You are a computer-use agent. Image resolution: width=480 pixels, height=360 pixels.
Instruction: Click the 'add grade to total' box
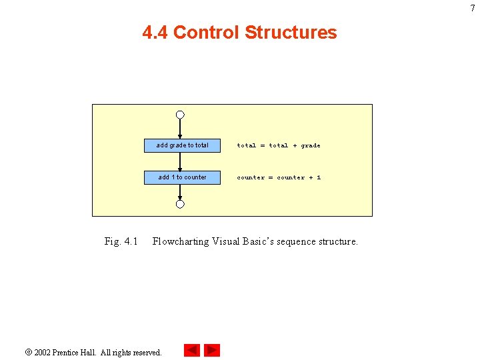point(182,145)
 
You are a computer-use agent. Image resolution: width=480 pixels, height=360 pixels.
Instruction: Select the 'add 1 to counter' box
point(182,177)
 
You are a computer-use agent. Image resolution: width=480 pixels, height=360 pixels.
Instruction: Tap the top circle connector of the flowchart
point(180,115)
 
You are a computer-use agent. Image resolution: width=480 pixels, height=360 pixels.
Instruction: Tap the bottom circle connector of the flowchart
point(180,205)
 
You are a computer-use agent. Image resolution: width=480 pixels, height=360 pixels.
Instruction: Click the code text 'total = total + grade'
point(279,145)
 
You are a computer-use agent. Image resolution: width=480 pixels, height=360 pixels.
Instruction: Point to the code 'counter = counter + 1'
point(279,177)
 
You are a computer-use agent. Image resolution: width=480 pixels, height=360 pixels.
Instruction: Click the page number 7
point(473,8)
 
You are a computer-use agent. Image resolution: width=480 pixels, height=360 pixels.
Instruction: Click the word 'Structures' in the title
point(291,33)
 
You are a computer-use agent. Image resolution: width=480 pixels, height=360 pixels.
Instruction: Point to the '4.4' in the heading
point(155,33)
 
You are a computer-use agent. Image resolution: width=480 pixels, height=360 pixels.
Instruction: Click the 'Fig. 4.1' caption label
point(121,241)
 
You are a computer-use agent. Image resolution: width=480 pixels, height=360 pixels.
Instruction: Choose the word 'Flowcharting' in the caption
point(181,241)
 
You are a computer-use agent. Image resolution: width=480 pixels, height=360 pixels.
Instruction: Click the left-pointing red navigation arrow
point(192,351)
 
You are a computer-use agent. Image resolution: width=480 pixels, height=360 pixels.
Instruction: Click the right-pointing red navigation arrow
point(212,351)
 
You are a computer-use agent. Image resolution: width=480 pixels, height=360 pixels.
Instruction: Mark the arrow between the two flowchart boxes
point(180,161)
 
